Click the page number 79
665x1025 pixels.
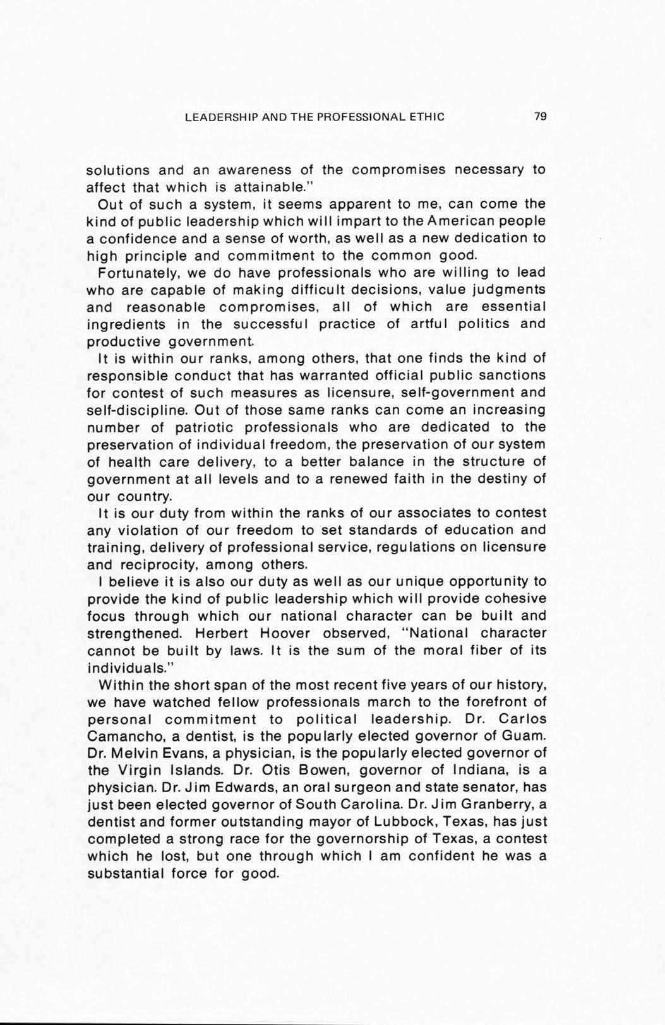(539, 116)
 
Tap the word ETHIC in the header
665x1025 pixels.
(428, 116)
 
